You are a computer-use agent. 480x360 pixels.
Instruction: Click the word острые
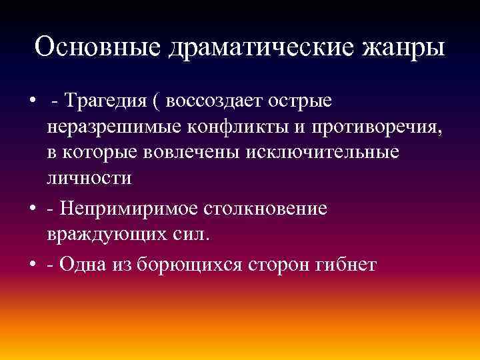(x=301, y=102)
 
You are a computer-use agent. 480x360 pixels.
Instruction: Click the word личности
(x=89, y=178)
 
